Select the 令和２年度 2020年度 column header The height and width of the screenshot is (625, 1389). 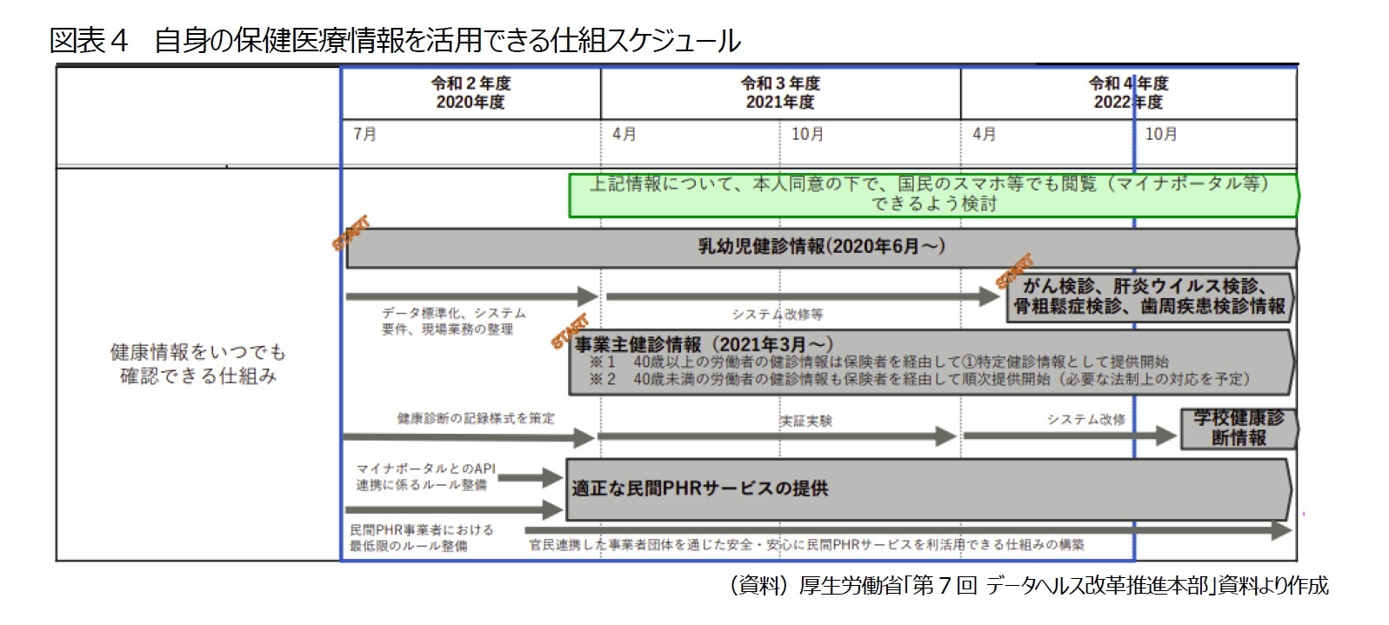[471, 93]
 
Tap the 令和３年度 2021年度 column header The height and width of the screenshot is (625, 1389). [780, 93]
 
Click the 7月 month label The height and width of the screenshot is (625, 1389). [365, 134]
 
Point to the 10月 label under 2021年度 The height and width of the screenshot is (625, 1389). [807, 134]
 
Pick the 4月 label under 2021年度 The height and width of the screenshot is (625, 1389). [624, 134]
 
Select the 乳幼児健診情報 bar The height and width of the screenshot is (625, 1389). [821, 247]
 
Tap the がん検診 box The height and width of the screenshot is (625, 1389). [1148, 296]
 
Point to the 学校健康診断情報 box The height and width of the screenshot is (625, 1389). [1238, 428]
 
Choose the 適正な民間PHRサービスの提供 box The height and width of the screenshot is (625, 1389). [927, 489]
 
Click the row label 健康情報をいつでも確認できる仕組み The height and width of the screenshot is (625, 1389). [198, 363]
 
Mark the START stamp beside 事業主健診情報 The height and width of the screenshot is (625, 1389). [570, 331]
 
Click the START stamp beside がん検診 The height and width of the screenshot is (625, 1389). [1014, 270]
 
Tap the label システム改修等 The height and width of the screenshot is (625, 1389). [777, 314]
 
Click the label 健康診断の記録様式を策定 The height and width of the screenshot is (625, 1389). [475, 418]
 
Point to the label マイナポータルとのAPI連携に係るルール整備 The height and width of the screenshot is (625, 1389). [425, 476]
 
